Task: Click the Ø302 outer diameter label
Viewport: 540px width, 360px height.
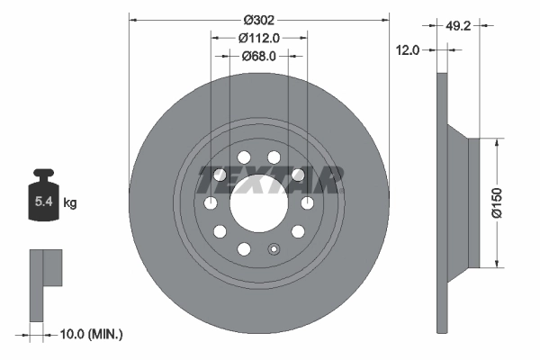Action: point(259,18)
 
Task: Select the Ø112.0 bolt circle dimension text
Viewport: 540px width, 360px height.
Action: point(259,38)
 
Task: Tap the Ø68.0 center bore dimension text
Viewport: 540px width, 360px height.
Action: point(259,56)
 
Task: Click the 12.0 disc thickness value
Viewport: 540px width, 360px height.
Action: point(408,50)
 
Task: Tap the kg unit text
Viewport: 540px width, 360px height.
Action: point(70,203)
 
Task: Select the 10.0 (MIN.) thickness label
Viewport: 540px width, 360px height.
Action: point(89,334)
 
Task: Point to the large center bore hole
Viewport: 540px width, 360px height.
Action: point(259,203)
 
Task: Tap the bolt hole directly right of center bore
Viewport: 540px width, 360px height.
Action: point(307,203)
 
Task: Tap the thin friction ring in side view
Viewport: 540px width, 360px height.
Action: point(441,202)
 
